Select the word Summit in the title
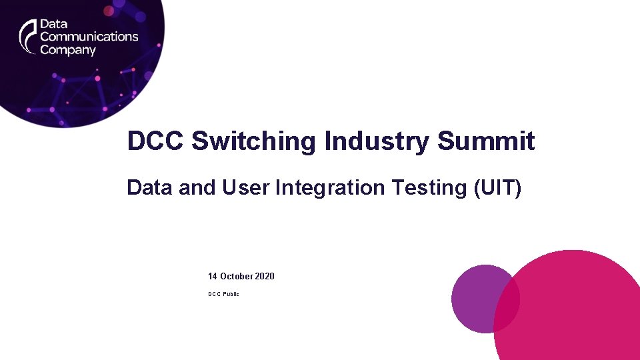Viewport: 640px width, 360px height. click(x=486, y=141)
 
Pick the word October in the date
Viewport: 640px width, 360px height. click(x=236, y=276)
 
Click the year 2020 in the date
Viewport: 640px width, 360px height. click(x=265, y=276)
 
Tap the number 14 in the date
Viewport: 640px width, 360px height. click(x=213, y=276)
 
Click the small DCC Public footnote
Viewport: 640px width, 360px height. click(x=223, y=294)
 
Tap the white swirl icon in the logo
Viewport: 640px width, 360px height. click(x=27, y=36)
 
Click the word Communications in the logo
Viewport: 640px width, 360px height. click(x=89, y=37)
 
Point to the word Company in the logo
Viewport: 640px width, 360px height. click(x=68, y=50)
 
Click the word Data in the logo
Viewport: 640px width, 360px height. click(x=53, y=24)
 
